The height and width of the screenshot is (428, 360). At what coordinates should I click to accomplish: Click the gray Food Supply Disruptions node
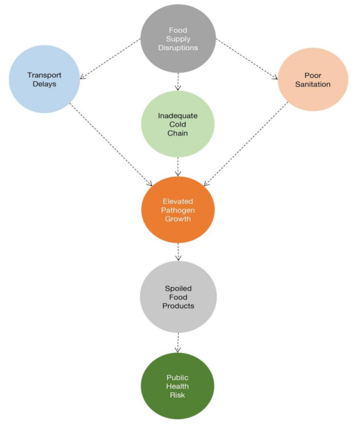pyautogui.click(x=178, y=38)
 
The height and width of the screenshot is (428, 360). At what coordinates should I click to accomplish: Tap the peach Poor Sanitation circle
pyautogui.click(x=312, y=79)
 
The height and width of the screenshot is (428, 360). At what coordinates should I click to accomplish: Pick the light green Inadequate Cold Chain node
pyautogui.click(x=178, y=124)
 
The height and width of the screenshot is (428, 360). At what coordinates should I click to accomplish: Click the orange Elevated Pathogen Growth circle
pyautogui.click(x=178, y=210)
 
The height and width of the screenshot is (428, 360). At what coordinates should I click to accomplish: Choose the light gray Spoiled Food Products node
pyautogui.click(x=178, y=296)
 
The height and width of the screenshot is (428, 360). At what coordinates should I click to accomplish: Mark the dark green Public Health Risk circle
pyautogui.click(x=178, y=386)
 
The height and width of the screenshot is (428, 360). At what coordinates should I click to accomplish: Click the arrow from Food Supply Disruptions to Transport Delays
pyautogui.click(x=110, y=59)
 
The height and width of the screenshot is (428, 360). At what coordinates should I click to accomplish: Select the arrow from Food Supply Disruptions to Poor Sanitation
pyautogui.click(x=247, y=59)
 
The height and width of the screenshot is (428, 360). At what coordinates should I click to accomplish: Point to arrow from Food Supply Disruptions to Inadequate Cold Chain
pyautogui.click(x=178, y=82)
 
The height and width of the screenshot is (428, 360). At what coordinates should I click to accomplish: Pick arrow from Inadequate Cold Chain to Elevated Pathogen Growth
pyautogui.click(x=178, y=167)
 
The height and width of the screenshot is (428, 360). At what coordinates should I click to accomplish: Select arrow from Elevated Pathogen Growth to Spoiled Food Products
pyautogui.click(x=178, y=253)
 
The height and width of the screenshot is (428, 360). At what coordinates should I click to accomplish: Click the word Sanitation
pyautogui.click(x=312, y=84)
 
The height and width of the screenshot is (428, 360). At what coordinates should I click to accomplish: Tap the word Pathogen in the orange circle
pyautogui.click(x=178, y=210)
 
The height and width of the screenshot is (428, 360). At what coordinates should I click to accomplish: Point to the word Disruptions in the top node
pyautogui.click(x=178, y=47)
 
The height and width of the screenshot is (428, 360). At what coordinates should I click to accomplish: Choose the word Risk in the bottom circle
pyautogui.click(x=178, y=395)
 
